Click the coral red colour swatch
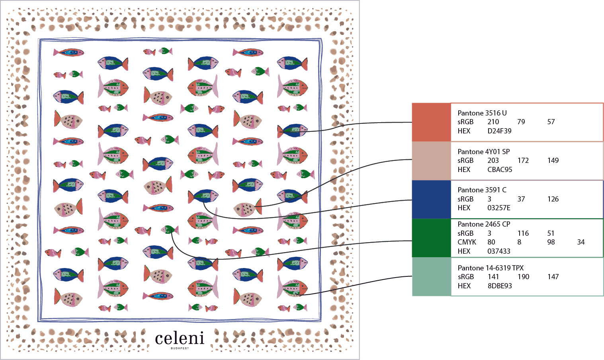click(432, 122)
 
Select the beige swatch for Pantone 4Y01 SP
click(432, 161)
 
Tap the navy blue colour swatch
click(432, 200)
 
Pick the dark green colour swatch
click(432, 238)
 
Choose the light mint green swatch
click(432, 277)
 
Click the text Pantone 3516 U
click(482, 113)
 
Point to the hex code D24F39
click(499, 131)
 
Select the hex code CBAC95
click(500, 170)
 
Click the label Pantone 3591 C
click(482, 190)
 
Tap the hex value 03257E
click(499, 208)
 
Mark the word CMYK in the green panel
click(467, 242)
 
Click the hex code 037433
click(499, 251)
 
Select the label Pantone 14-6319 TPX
click(491, 268)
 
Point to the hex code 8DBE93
click(500, 286)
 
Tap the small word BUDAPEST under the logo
click(180, 348)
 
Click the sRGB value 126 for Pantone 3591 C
click(553, 199)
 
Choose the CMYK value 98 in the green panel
click(551, 242)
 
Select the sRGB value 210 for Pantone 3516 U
click(493, 122)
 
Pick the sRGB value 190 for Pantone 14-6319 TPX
click(524, 277)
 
